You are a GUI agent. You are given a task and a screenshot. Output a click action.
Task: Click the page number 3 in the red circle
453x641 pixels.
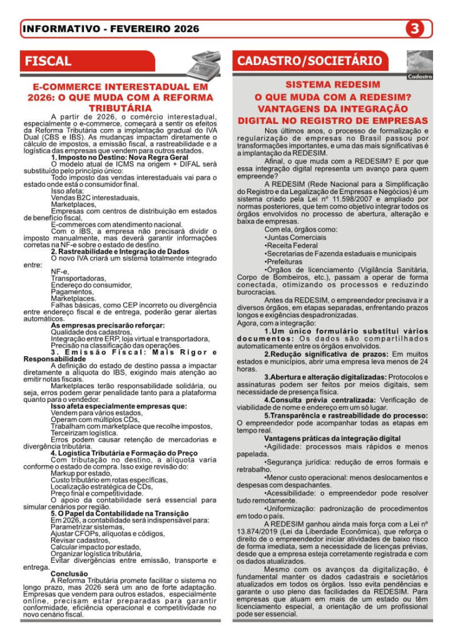point(415,29)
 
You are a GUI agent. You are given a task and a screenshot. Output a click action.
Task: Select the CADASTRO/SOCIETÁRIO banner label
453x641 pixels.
point(309,61)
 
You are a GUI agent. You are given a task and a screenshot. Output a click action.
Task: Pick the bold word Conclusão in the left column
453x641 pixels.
point(69,573)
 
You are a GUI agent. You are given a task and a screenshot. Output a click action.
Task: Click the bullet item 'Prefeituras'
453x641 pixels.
point(287,263)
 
